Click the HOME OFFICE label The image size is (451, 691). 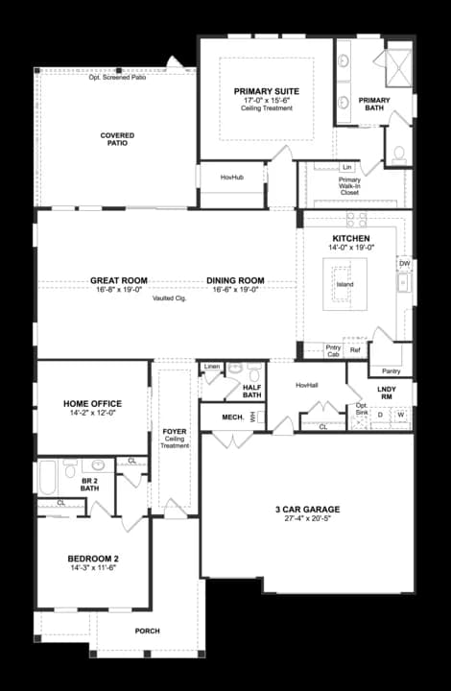click(x=92, y=403)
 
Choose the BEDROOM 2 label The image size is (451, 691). click(x=92, y=559)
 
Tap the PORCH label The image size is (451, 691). click(x=147, y=631)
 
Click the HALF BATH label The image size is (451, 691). click(x=252, y=391)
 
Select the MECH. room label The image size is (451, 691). click(x=232, y=417)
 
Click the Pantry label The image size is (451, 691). click(x=391, y=370)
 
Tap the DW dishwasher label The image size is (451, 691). click(x=404, y=262)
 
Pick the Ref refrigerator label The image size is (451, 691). click(x=355, y=351)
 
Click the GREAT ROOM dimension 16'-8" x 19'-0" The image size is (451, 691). click(x=117, y=289)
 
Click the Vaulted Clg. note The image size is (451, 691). click(x=169, y=298)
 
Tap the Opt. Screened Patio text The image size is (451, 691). click(x=117, y=77)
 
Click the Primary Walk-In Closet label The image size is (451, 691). click(x=349, y=185)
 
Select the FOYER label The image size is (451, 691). click(x=175, y=433)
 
